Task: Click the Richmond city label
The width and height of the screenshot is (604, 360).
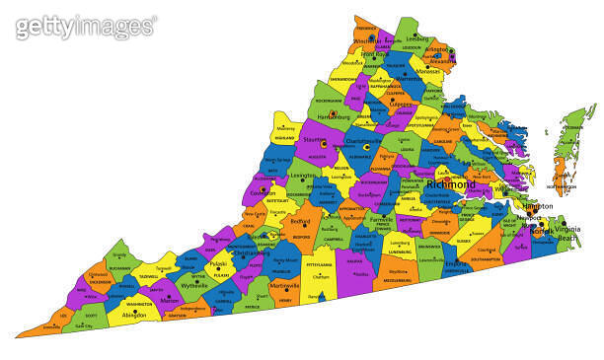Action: point(450,183)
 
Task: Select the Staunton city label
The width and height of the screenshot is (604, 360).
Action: point(314,143)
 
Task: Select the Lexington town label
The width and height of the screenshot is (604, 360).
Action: point(303,175)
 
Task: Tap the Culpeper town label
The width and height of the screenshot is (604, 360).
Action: point(402,104)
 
